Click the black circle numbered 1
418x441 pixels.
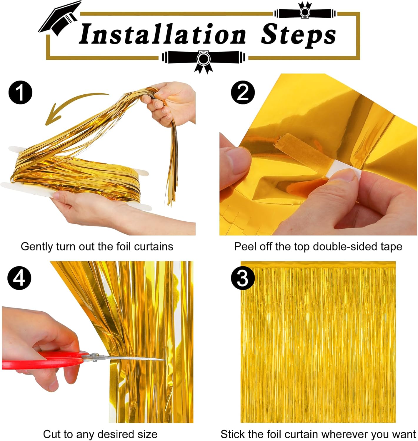point(20,93)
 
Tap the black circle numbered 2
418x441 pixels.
point(243,93)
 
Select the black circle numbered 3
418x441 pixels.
point(243,278)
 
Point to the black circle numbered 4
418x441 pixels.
point(19,278)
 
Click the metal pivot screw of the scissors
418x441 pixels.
point(94,356)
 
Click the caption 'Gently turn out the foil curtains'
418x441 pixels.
point(97,246)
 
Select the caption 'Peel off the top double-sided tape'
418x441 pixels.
point(318,246)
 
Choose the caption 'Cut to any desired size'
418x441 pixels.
point(100,434)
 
